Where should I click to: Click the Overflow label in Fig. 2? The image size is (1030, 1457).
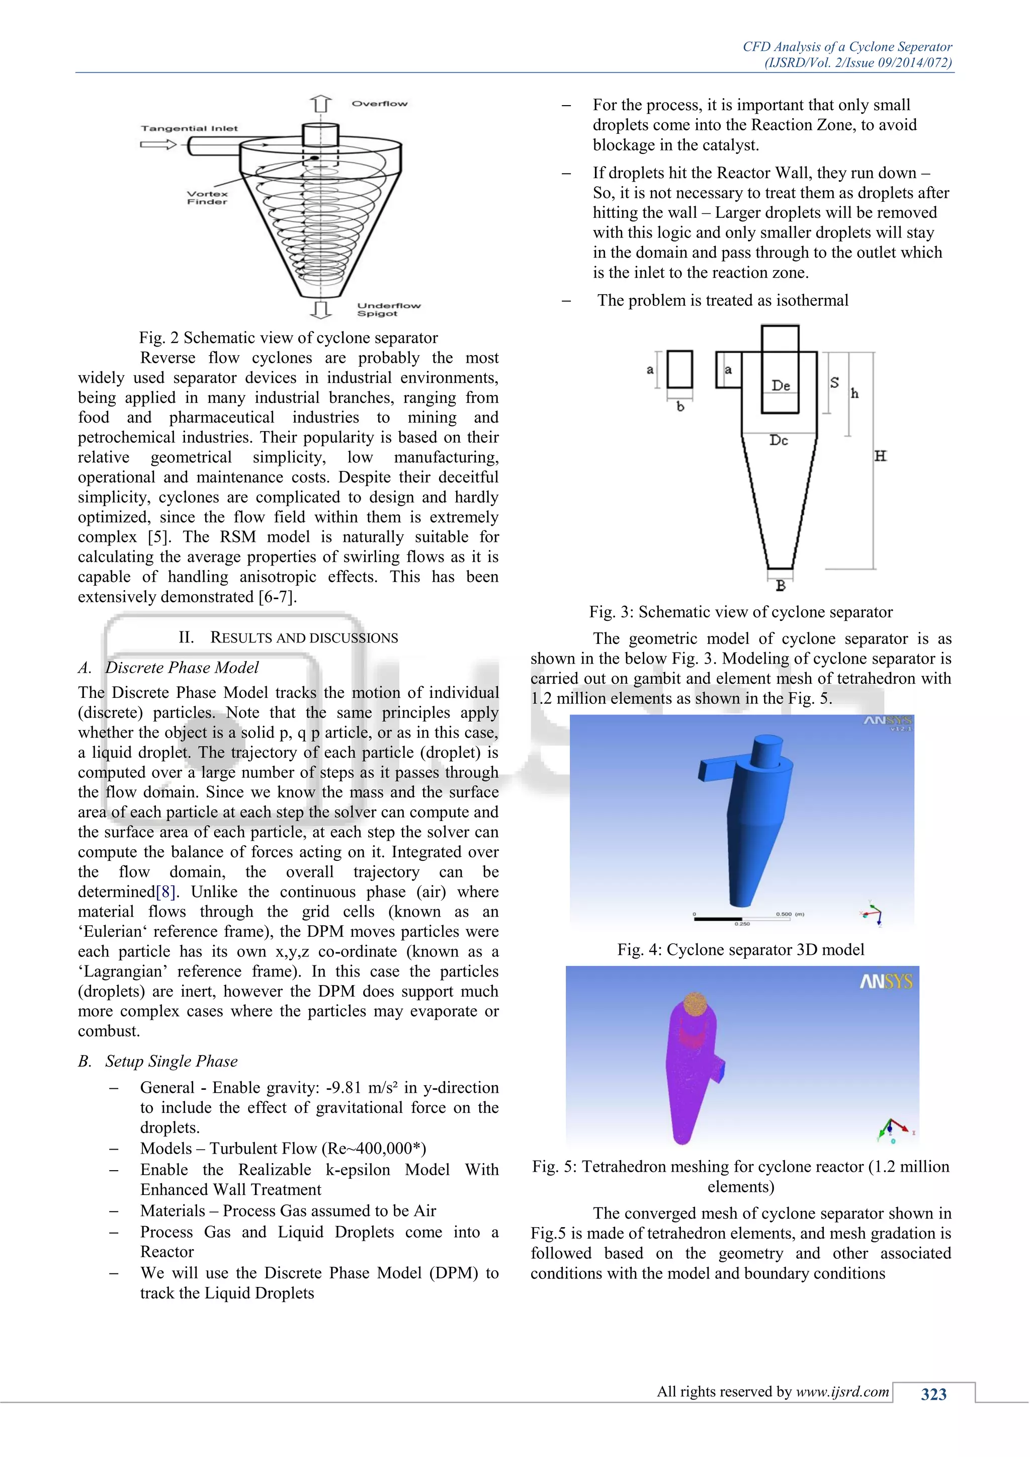click(379, 104)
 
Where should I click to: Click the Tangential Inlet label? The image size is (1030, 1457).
click(189, 128)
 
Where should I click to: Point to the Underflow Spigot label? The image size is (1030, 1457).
click(388, 309)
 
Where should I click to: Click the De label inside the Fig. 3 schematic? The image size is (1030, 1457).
click(781, 385)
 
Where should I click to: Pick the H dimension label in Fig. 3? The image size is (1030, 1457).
click(880, 456)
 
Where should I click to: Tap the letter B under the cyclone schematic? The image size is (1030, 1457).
click(781, 586)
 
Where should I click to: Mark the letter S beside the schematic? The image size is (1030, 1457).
click(835, 383)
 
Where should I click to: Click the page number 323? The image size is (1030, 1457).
click(933, 1394)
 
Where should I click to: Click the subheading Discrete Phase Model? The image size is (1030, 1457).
click(182, 668)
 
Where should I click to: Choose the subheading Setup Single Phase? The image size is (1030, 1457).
click(171, 1061)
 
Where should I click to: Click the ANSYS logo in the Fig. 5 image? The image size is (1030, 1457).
click(885, 983)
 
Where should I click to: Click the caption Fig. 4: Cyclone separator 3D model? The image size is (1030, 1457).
click(740, 949)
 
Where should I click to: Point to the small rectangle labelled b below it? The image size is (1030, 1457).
click(679, 369)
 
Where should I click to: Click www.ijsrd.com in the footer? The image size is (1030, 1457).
click(842, 1392)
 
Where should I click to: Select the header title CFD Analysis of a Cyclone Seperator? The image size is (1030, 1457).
click(847, 46)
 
